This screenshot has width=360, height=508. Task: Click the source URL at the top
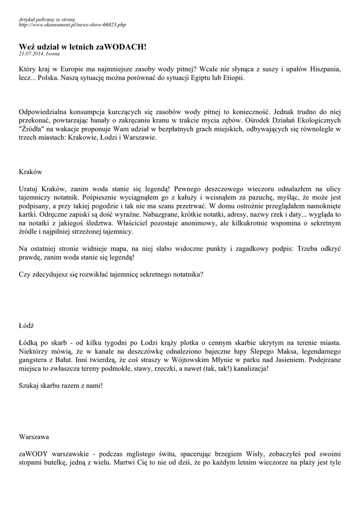point(72,24)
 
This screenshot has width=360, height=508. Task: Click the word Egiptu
point(199,79)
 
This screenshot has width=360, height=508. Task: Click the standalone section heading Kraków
point(30,172)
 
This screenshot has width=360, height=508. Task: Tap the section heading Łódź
point(27,325)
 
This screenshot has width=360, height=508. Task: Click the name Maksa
point(290,351)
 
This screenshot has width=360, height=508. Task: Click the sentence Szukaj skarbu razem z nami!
point(61,385)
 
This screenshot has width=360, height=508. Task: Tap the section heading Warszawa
point(34,437)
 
